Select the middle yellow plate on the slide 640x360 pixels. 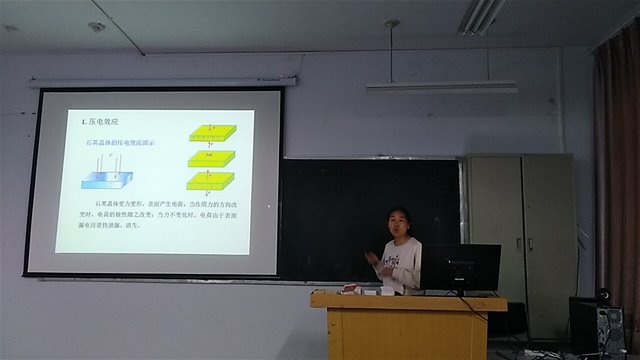211,158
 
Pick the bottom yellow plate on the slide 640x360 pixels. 211,181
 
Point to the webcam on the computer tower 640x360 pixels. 603,296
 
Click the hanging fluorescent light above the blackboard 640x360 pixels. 441,87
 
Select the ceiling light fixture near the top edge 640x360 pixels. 483,15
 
